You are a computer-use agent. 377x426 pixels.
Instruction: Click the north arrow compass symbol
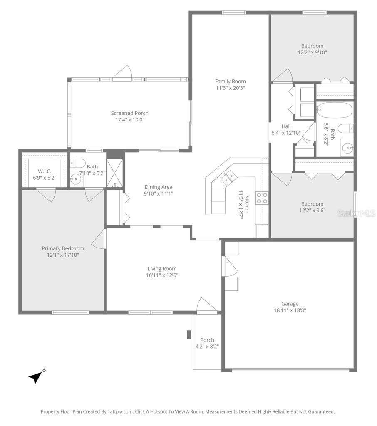36,376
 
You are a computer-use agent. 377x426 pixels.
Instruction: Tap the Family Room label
230,82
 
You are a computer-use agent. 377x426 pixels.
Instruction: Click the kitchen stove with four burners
261,198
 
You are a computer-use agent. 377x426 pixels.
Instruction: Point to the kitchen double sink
228,178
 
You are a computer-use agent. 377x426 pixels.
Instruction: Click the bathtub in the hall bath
334,111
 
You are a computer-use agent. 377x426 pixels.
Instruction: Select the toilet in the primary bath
78,163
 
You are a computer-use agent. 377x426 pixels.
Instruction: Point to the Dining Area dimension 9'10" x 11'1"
158,193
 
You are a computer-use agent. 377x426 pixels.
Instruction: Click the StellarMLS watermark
356,213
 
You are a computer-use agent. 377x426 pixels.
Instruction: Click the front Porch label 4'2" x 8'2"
207,343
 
